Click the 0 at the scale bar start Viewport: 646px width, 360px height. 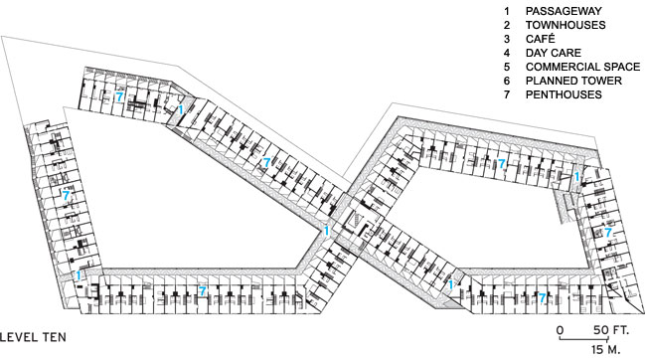coord(560,329)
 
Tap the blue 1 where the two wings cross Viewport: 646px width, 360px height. coord(326,230)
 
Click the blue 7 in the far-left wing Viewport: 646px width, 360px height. coord(66,194)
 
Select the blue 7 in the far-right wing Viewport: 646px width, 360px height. coord(608,232)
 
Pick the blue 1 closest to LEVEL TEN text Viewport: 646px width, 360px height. coord(78,274)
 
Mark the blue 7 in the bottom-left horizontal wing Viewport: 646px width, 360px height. coord(203,291)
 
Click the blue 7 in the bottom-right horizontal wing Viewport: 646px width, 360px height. coord(543,296)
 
